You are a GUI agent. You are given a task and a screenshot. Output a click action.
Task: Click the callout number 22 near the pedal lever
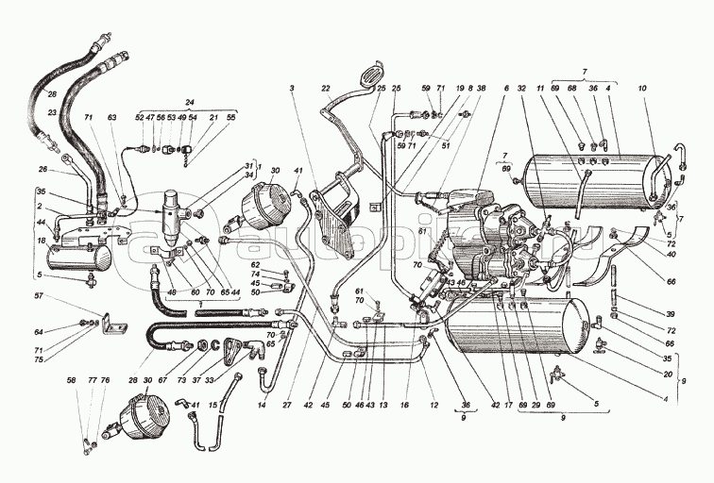[327, 88]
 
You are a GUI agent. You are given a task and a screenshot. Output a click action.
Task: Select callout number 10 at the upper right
[641, 88]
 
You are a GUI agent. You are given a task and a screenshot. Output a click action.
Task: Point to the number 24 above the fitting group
[189, 102]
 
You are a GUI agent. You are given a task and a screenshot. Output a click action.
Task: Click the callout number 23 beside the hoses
[53, 112]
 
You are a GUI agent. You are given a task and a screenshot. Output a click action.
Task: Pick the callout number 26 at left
[42, 170]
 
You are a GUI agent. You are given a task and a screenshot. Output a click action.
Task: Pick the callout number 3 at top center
[293, 88]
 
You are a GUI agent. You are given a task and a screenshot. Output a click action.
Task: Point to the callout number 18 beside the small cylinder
[42, 241]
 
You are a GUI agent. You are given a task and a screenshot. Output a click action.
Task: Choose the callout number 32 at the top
[520, 88]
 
